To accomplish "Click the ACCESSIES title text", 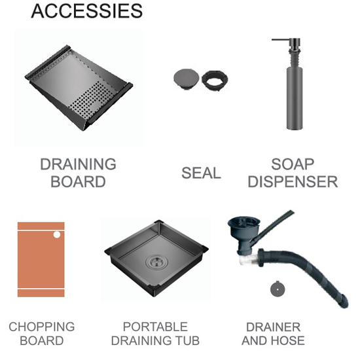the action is tap(87, 11).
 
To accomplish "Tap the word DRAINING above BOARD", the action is tap(78, 164).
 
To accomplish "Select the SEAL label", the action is tap(201, 173).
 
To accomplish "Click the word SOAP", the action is tap(293, 164).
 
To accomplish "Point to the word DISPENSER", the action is tap(293, 181).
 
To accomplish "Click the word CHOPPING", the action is tap(41, 327).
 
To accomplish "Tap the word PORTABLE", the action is tap(155, 327).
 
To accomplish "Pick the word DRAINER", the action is tap(273, 327).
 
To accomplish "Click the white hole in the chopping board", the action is tap(57, 234).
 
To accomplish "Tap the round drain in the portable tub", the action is tap(157, 262).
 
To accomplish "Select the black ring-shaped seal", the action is tap(215, 81).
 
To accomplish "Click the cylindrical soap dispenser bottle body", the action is tap(295, 98).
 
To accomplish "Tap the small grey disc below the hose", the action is tap(278, 289).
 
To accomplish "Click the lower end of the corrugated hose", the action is tap(344, 302).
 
